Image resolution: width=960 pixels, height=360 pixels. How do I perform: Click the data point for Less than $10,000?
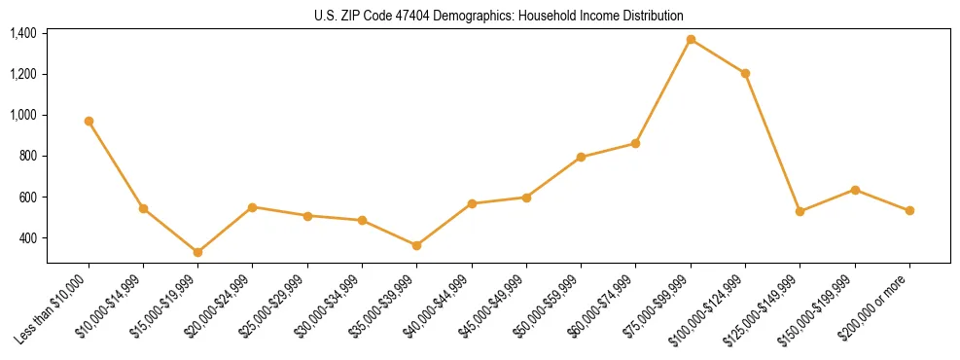pos(89,121)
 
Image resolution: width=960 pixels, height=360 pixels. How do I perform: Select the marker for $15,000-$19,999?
pos(197,252)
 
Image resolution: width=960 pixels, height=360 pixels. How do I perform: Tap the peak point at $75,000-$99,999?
pos(691,39)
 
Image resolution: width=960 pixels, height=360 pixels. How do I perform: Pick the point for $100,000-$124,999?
pos(745,73)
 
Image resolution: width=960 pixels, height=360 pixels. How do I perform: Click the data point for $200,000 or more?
pos(909,210)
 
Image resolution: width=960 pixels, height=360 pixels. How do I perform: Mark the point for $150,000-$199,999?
pos(855,190)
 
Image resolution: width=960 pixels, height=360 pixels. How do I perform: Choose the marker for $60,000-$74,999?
pos(635,143)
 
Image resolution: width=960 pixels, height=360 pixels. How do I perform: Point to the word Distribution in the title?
pos(651,16)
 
